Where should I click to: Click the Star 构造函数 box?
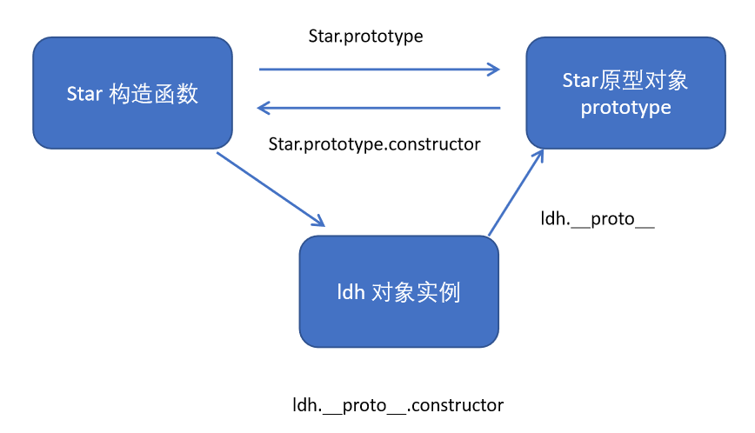[132, 93]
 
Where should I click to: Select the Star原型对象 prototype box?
[625, 93]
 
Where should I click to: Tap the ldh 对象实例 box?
[398, 291]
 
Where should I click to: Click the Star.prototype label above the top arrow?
[365, 36]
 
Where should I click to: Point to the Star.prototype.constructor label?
[374, 144]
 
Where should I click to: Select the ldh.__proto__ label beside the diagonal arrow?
[597, 219]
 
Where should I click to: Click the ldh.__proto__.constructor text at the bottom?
[398, 405]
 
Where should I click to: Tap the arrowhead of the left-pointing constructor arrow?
[263, 108]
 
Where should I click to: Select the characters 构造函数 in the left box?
[154, 94]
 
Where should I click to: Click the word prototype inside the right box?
[625, 108]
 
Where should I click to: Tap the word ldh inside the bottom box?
[350, 292]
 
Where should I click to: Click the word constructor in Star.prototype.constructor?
[432, 144]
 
